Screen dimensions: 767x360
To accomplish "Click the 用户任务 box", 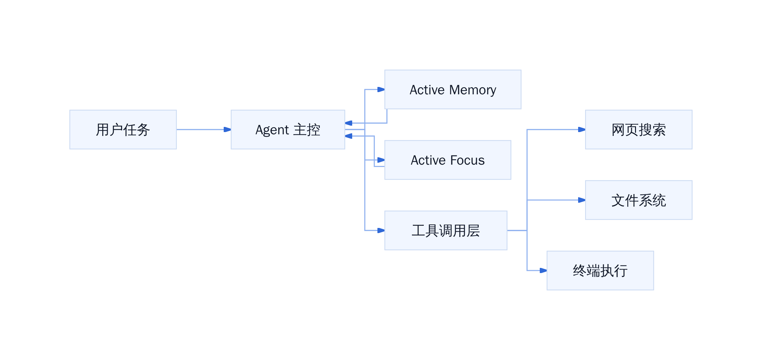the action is pos(123,129).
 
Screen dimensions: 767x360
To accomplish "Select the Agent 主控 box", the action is pos(288,129).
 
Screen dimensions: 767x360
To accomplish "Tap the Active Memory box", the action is pos(453,90).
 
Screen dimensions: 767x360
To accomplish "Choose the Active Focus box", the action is pos(448,160).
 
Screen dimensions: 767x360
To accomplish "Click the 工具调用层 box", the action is pos(446,231).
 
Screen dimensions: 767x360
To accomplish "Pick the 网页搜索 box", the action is pos(639,129).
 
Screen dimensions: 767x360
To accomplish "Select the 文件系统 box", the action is pos(639,200).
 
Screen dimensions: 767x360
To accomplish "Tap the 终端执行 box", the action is pos(600,270).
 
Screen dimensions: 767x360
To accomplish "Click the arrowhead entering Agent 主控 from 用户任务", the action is pos(227,129).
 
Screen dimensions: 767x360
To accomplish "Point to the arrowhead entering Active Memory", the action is pos(381,90).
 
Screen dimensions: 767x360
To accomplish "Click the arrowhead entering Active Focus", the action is pos(381,160).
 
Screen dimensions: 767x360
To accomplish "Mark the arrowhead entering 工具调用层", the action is pos(381,231).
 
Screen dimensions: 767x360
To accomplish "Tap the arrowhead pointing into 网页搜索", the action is pos(582,129).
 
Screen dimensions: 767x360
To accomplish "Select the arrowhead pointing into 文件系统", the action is pos(582,200).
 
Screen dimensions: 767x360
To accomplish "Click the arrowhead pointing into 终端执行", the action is pos(543,270).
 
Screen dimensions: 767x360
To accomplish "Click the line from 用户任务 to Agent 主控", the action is pos(200,129).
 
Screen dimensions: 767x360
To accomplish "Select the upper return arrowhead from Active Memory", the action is pos(349,123).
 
